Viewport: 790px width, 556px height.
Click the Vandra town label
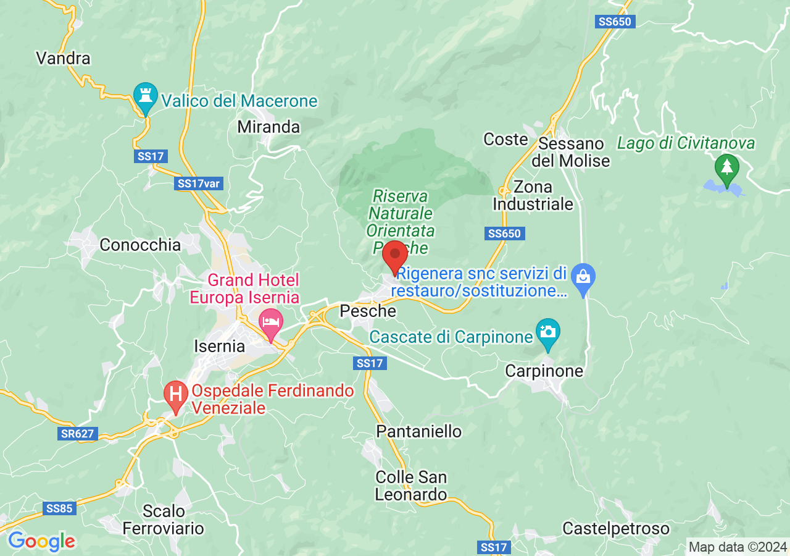63,59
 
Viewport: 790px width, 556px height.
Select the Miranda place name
268,127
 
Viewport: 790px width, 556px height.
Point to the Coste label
505,140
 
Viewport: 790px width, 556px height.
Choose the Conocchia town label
140,245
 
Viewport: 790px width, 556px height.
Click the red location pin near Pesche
395,256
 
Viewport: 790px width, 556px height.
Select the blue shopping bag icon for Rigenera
583,276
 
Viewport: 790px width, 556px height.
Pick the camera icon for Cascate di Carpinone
547,332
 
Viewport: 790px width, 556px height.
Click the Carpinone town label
544,371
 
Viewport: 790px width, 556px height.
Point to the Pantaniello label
419,431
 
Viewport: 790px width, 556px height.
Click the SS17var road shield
198,183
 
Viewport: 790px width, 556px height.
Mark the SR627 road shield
78,434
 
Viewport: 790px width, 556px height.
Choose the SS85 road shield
59,508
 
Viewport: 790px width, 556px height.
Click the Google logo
41,541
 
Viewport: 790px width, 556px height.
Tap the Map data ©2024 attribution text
738,547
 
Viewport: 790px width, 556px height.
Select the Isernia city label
219,346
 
